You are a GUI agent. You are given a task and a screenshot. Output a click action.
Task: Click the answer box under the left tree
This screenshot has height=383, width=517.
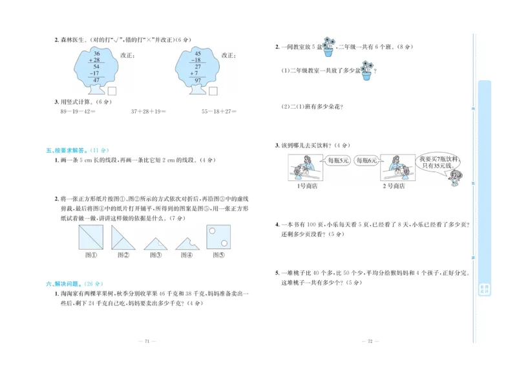(x=112, y=91)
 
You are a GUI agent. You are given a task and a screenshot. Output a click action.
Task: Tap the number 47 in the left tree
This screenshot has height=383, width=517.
(x=96, y=80)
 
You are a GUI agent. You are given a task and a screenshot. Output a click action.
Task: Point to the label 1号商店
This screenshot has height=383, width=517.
(x=305, y=186)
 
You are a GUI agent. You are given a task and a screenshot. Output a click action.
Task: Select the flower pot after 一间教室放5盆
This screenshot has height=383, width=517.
(x=328, y=47)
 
